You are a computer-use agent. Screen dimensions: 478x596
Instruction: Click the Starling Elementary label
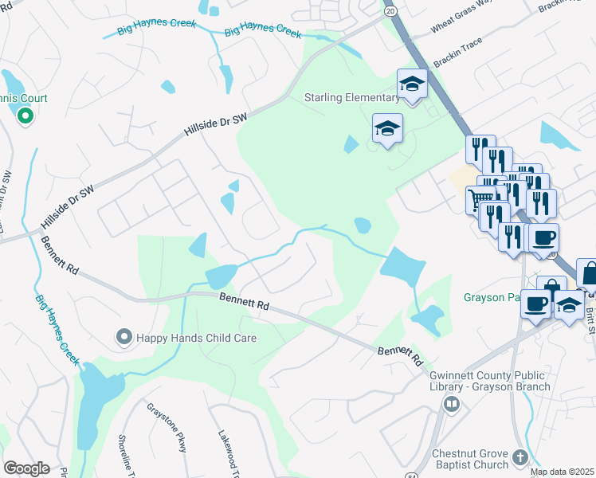tap(352, 98)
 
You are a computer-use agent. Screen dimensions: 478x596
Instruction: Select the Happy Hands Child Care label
tap(196, 338)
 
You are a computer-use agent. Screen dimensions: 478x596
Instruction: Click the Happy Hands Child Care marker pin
tap(124, 338)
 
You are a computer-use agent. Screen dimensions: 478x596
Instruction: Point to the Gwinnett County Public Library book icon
tap(452, 405)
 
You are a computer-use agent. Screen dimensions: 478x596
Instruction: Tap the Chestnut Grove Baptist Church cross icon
tap(520, 457)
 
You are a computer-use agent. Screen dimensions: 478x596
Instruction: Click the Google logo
tap(26, 468)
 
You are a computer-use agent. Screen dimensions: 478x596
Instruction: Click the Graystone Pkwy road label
tap(167, 427)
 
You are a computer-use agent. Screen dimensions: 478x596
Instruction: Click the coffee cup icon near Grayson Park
tap(535, 304)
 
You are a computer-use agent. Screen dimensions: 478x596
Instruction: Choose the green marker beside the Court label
tap(25, 117)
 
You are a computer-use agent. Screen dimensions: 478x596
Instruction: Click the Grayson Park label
tap(490, 298)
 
